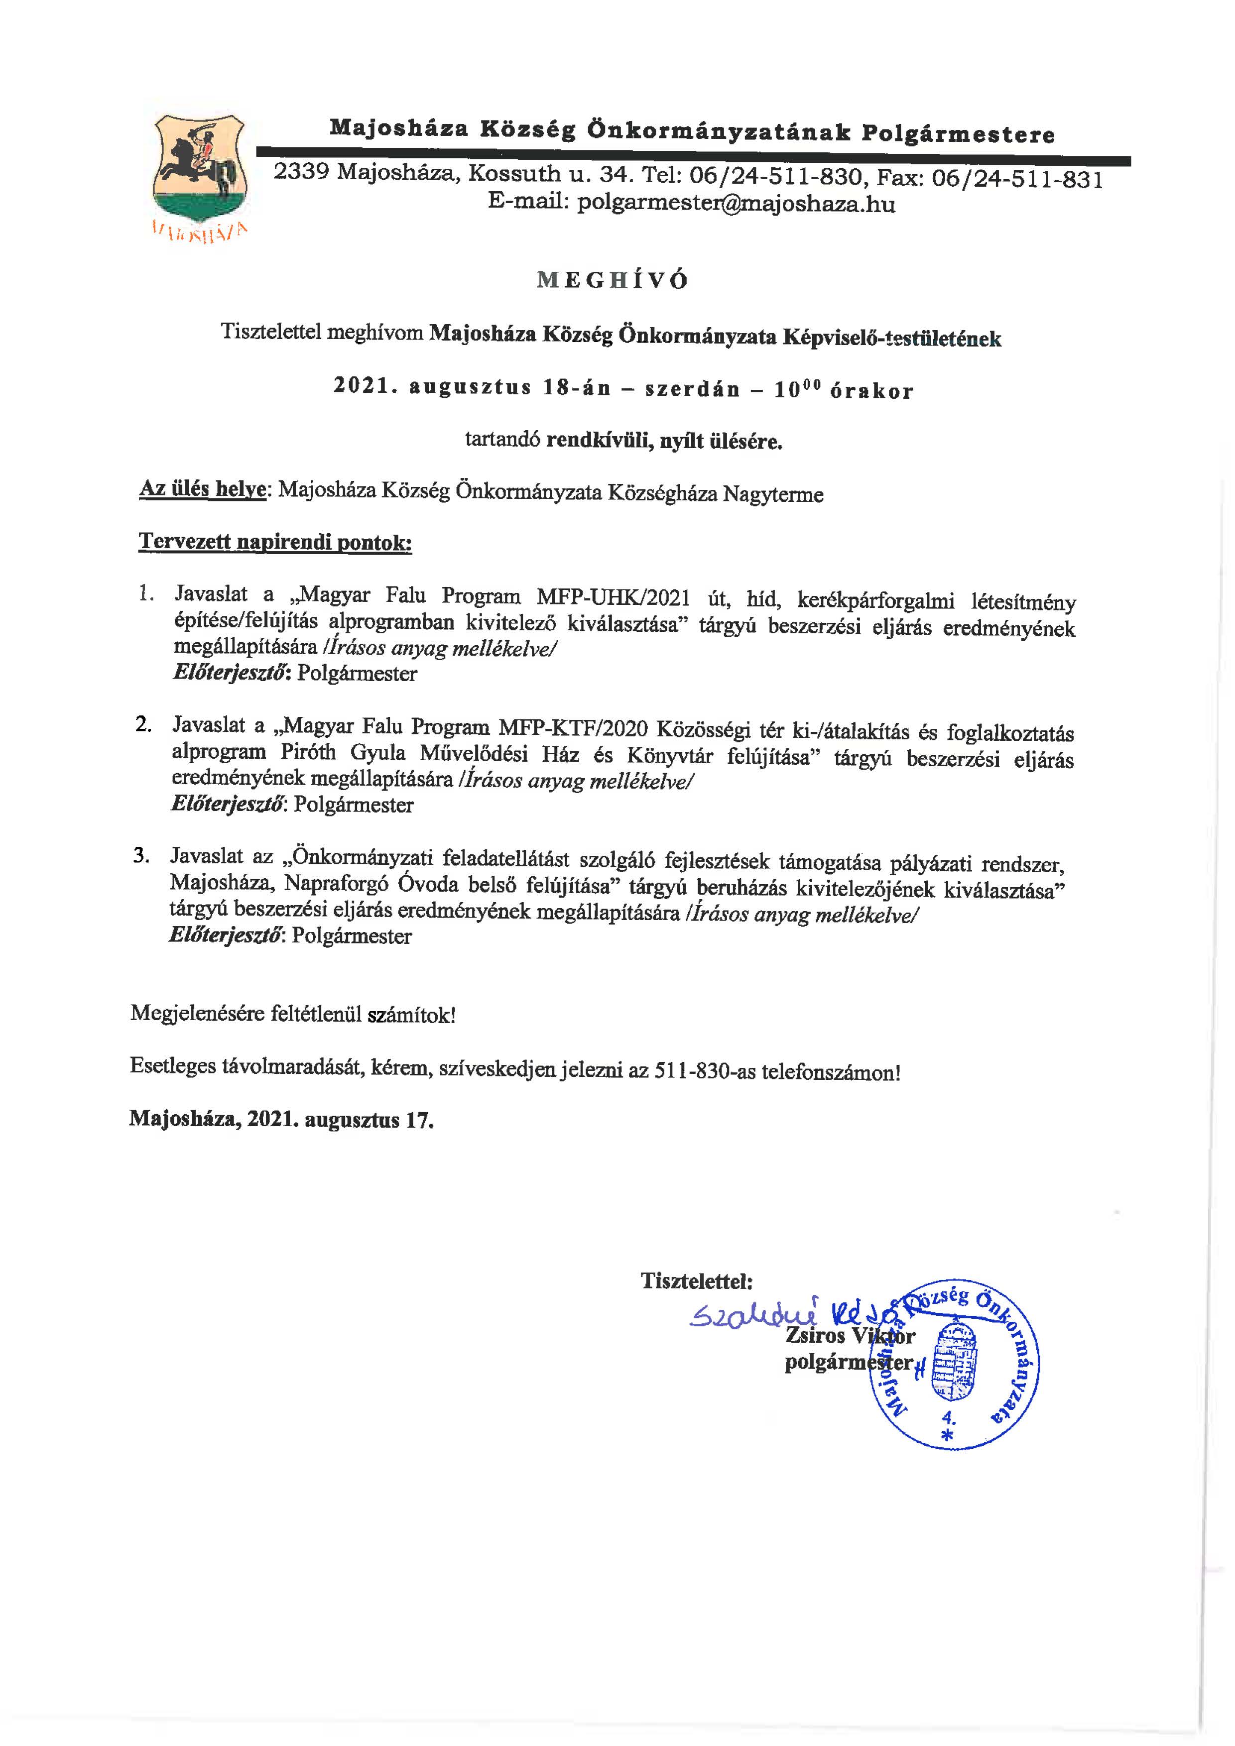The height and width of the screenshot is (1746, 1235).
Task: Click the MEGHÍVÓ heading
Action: (x=612, y=281)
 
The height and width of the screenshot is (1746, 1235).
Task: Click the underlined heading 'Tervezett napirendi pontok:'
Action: (x=275, y=543)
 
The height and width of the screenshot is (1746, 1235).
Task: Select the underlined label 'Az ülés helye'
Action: (x=202, y=489)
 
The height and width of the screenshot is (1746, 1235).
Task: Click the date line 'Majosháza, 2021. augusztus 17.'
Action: (x=281, y=1119)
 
